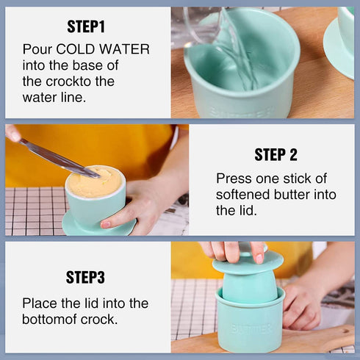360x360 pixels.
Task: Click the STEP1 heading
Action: (x=86, y=26)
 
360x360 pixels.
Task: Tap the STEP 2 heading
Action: (x=276, y=154)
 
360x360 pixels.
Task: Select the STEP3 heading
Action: (x=85, y=277)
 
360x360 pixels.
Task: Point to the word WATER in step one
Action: (x=124, y=49)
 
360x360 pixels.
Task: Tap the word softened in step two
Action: (x=242, y=195)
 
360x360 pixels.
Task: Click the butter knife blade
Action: (x=60, y=158)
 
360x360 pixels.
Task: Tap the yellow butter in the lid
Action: (x=94, y=181)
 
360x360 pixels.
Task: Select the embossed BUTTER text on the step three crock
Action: (x=251, y=328)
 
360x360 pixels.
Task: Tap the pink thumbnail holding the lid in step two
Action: (x=106, y=224)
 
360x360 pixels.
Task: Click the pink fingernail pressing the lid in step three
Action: (x=259, y=259)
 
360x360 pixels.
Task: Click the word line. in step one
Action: (x=73, y=98)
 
